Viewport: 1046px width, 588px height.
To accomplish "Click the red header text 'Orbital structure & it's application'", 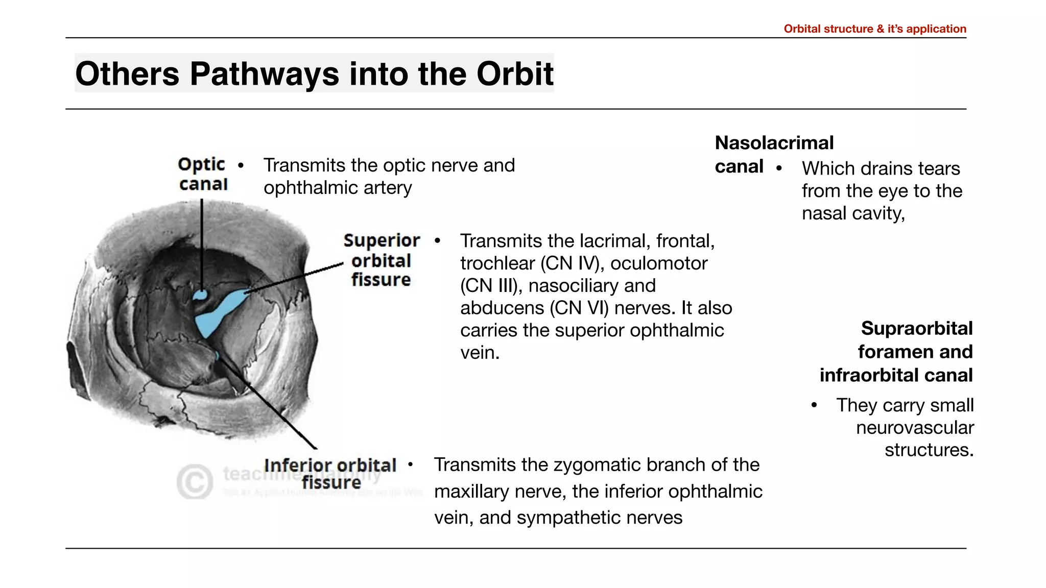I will click(x=874, y=29).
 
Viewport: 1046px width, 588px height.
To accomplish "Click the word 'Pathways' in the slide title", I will click(x=264, y=74).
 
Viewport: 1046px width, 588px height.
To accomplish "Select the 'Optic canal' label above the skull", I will click(x=203, y=174).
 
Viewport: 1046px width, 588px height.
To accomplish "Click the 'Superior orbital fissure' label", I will click(x=381, y=260).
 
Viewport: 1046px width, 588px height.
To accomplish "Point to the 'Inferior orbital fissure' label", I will click(x=330, y=473).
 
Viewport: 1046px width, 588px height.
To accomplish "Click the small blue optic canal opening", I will click(x=200, y=295).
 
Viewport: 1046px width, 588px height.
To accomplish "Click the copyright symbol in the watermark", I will click(x=195, y=481).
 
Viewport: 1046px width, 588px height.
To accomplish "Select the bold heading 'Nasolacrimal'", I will click(x=774, y=143).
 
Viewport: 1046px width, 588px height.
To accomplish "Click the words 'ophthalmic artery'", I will click(x=338, y=188).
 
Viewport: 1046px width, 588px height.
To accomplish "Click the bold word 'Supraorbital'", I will click(x=916, y=328).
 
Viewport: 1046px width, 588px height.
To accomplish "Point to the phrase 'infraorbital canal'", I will click(x=896, y=375).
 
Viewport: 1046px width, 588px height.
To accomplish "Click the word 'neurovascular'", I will click(x=914, y=428).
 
